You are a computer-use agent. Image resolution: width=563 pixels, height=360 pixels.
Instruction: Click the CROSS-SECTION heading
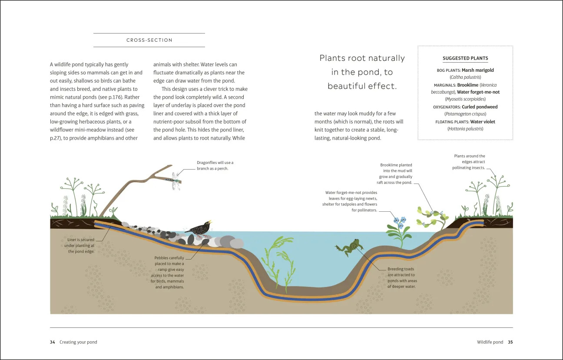149,40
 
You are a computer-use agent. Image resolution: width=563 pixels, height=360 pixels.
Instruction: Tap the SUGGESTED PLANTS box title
465,58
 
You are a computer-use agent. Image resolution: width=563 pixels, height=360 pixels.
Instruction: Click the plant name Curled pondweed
480,107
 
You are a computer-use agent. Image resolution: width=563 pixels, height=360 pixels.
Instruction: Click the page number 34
53,342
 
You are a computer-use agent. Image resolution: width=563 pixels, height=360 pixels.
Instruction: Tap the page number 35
510,342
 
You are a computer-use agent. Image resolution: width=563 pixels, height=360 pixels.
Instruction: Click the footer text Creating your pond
78,342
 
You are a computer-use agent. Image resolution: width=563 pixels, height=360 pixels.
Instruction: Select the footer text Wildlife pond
490,342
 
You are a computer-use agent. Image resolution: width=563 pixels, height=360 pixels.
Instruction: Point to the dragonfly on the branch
175,180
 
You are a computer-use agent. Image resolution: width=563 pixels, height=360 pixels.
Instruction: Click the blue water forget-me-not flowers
399,222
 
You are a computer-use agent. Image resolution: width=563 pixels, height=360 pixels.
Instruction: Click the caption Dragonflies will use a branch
215,166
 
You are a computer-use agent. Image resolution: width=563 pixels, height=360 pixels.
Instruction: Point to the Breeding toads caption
402,278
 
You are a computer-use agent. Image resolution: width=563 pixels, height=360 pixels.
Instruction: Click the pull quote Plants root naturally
362,72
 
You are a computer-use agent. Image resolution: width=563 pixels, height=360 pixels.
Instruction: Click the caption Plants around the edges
469,162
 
